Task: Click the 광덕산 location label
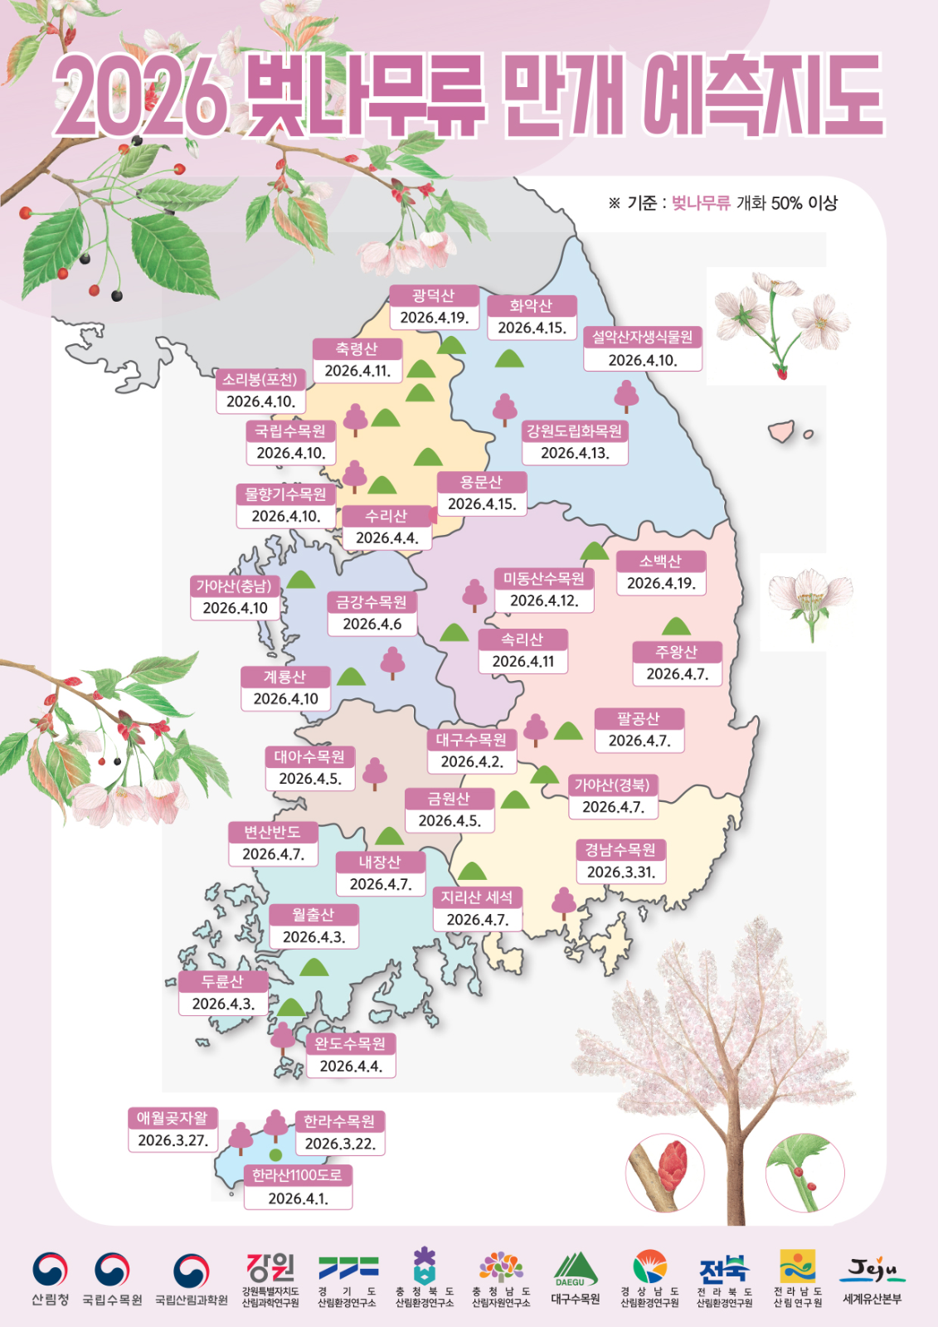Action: coord(434,296)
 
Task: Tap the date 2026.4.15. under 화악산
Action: coord(532,328)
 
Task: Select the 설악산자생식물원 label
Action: coord(643,338)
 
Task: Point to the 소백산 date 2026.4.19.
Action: coord(661,584)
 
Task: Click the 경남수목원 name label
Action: coord(620,850)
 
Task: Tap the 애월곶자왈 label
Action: coord(173,1118)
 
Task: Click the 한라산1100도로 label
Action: coord(297,1175)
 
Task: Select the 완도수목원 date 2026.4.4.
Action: coord(351,1067)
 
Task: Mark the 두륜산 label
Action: coord(223,982)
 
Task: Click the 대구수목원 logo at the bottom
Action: coord(576,1278)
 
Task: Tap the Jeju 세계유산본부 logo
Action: coord(872,1278)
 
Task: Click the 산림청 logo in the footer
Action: coord(50,1278)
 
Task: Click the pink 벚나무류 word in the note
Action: coord(700,203)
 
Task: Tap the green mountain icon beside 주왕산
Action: coord(676,626)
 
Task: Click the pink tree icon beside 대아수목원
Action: coord(375,773)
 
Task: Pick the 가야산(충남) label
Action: coord(234,586)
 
